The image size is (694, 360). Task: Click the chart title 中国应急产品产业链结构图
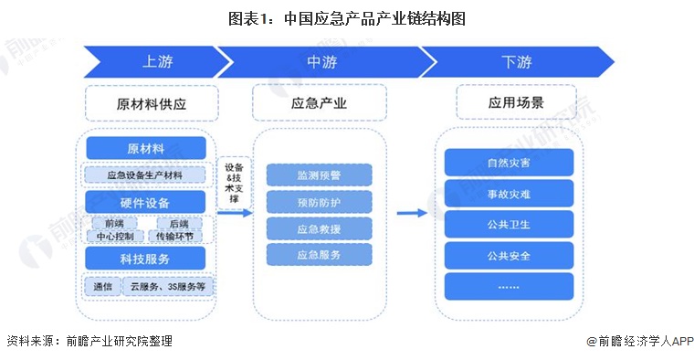[x=346, y=18]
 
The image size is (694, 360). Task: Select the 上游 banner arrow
[x=151, y=62]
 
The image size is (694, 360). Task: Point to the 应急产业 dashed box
[x=319, y=103]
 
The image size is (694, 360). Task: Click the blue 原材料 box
[x=146, y=148]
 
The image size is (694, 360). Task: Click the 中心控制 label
[x=115, y=236]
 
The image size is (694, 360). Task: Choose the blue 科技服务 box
[x=146, y=259]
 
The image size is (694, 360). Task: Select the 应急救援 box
[x=319, y=228]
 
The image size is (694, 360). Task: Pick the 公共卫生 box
[x=509, y=224]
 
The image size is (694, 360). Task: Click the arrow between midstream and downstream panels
[x=413, y=213]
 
